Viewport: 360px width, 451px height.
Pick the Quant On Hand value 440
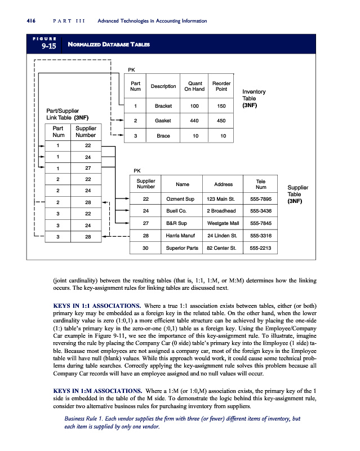(194, 120)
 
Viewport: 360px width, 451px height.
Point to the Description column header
(163, 86)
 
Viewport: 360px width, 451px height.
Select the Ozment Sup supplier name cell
(181, 199)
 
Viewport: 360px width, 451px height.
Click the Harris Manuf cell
(181, 235)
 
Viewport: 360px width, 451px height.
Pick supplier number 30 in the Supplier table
(146, 247)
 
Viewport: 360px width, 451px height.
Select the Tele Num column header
(260, 184)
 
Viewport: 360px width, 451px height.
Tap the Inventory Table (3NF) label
(254, 98)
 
